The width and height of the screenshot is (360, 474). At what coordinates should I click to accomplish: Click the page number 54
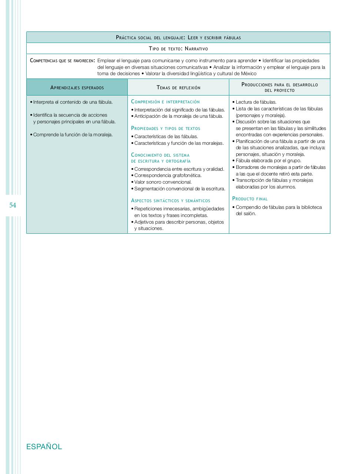(x=13, y=205)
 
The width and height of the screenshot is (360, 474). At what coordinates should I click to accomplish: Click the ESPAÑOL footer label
(x=44, y=447)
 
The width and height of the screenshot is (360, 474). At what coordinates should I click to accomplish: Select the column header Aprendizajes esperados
(x=77, y=88)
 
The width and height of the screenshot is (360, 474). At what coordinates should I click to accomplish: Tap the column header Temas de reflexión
(x=179, y=88)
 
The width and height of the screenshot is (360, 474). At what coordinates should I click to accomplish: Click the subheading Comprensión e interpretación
(x=165, y=102)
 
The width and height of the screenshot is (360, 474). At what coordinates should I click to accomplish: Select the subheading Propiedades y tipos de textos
(x=166, y=128)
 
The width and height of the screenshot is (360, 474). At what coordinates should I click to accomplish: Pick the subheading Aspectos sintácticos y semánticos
(x=170, y=201)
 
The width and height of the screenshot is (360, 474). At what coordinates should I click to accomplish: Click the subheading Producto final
(x=250, y=199)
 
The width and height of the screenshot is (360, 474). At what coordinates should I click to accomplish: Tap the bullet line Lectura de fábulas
(x=256, y=102)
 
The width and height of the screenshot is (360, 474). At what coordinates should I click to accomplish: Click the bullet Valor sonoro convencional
(x=163, y=182)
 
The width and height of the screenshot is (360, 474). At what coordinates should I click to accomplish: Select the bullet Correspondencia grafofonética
(x=167, y=176)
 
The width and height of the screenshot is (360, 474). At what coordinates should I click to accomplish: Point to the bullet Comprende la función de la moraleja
(x=73, y=135)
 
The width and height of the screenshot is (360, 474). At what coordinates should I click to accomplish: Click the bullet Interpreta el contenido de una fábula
(x=73, y=102)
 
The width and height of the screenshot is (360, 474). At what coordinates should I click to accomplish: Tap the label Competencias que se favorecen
(x=62, y=61)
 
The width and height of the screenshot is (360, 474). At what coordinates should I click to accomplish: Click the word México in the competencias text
(x=249, y=74)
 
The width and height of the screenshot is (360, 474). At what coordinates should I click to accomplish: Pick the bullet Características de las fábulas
(x=166, y=137)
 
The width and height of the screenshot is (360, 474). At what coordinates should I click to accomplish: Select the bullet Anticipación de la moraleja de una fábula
(x=179, y=116)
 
